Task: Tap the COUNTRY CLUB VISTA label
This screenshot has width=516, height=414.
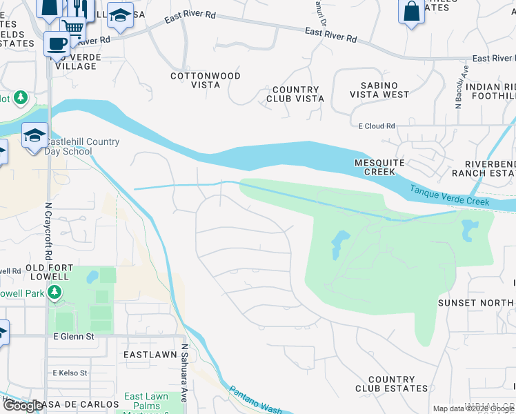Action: (x=295, y=95)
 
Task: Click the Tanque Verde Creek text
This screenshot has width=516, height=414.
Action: (x=449, y=195)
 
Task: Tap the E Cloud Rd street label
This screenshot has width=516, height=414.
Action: (x=377, y=126)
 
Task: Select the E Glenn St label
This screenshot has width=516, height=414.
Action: (x=74, y=336)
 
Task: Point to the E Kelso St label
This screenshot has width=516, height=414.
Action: (x=70, y=373)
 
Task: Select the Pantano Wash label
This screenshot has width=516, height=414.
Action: (x=255, y=400)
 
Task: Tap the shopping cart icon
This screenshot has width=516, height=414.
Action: (x=72, y=27)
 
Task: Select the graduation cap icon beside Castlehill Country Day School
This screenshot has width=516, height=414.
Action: (x=34, y=136)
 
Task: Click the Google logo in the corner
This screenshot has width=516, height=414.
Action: (x=23, y=406)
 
